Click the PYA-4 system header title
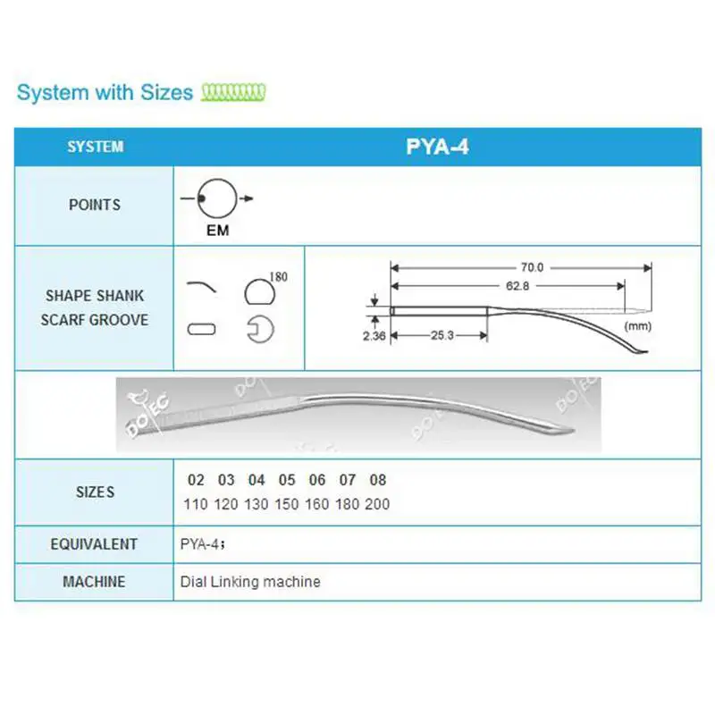(x=437, y=147)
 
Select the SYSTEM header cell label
(x=95, y=147)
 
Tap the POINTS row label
(x=95, y=205)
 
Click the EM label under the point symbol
(x=217, y=231)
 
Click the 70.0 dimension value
(x=534, y=266)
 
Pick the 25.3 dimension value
(x=440, y=335)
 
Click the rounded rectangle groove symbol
(x=202, y=329)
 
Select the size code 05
(x=287, y=480)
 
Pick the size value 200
(x=377, y=504)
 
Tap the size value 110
(x=195, y=504)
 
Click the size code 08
(x=377, y=480)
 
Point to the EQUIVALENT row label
(x=95, y=543)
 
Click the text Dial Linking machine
(x=250, y=582)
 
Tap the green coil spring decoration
(x=233, y=92)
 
